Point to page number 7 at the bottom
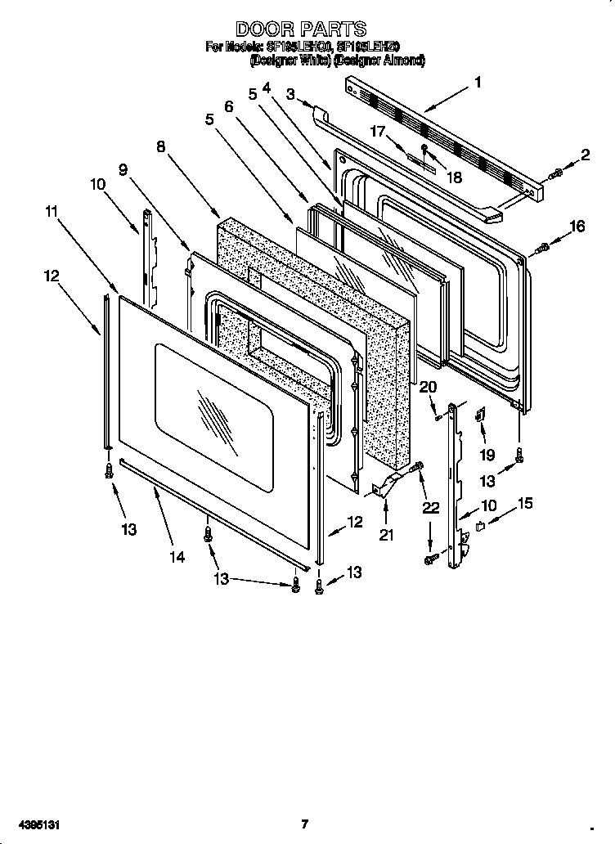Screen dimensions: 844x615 pos(303,824)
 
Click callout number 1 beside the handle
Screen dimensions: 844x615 pos(478,82)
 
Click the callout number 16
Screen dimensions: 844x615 pos(577,227)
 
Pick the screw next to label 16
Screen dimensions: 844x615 pos(541,249)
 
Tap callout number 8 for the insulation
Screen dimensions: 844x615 pos(161,146)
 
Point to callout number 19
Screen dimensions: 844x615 pos(487,455)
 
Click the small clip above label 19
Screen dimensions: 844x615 pos(481,415)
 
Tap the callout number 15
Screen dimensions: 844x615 pos(524,504)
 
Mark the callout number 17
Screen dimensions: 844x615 pos(377,130)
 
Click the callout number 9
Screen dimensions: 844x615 pos(123,169)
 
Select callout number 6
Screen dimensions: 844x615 pos(228,106)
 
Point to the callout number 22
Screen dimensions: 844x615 pos(432,508)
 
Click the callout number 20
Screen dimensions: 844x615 pos(429,388)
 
